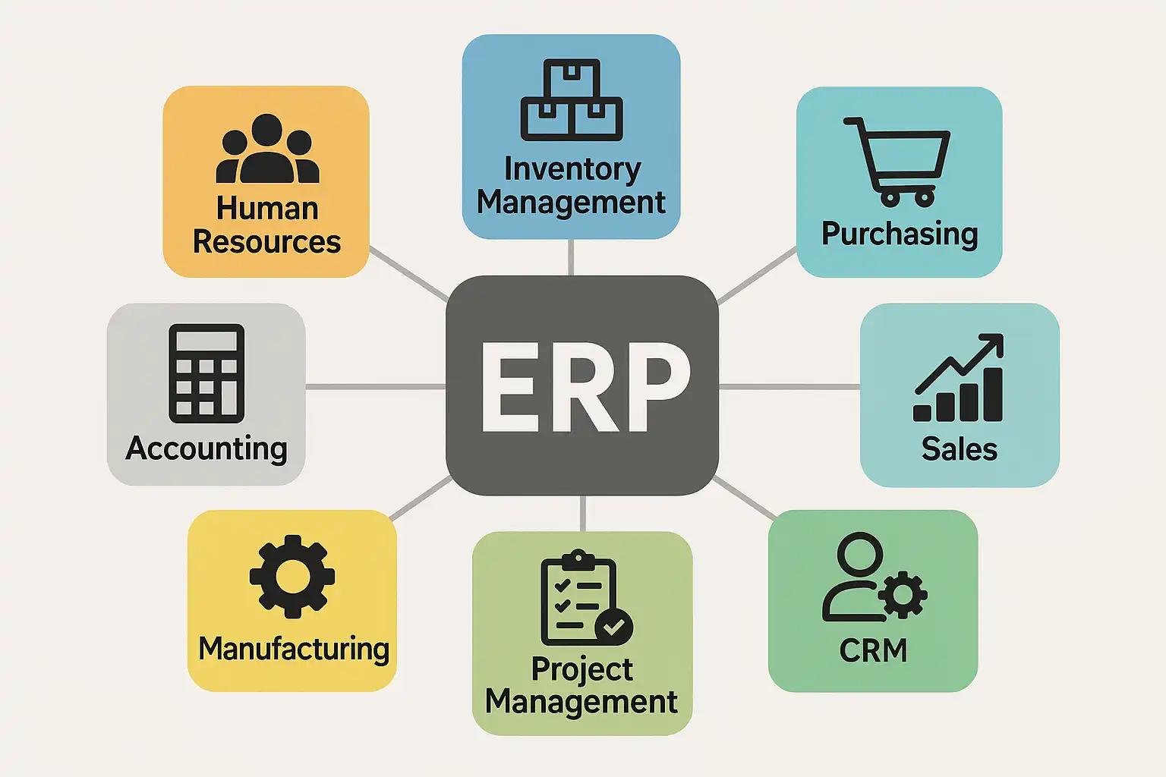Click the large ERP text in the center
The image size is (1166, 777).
pyautogui.click(x=583, y=387)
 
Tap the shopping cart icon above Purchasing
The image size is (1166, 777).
pyautogui.click(x=898, y=161)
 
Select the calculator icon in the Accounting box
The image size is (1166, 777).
pyautogui.click(x=206, y=373)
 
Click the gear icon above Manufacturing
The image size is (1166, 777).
pyautogui.click(x=292, y=576)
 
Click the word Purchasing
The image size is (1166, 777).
pyautogui.click(x=900, y=234)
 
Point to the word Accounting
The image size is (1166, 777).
pyautogui.click(x=206, y=448)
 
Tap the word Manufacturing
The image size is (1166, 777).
pyautogui.click(x=294, y=650)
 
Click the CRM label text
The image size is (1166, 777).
pyautogui.click(x=873, y=650)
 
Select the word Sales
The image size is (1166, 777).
pyautogui.click(x=960, y=449)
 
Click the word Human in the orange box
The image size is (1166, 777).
pyautogui.click(x=267, y=209)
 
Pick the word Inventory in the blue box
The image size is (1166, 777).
pyautogui.click(x=572, y=169)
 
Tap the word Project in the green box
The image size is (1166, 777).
pyautogui.click(x=581, y=669)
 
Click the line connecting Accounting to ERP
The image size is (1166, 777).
pyautogui.click(x=375, y=387)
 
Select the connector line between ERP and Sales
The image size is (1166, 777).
pyautogui.click(x=789, y=387)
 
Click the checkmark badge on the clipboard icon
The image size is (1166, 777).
pyautogui.click(x=614, y=626)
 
